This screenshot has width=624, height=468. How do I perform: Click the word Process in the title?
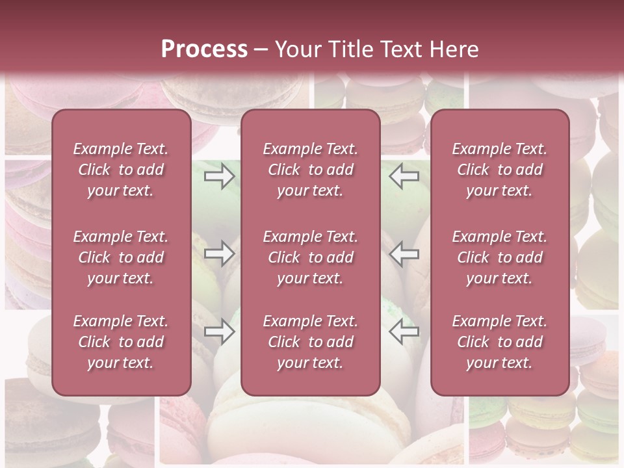pyautogui.click(x=203, y=49)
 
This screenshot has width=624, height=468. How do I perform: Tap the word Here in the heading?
pyautogui.click(x=454, y=49)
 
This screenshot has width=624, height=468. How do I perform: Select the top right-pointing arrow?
pyautogui.click(x=220, y=176)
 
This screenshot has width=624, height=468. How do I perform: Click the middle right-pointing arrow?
pyautogui.click(x=220, y=253)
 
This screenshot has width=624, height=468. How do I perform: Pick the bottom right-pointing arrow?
pyautogui.click(x=220, y=331)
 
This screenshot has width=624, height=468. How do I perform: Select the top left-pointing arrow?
pyautogui.click(x=404, y=176)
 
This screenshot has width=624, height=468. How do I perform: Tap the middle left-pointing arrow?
pyautogui.click(x=404, y=253)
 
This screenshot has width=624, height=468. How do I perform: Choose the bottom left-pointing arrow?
pyautogui.click(x=404, y=331)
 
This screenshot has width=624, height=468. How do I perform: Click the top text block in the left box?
pyautogui.click(x=121, y=170)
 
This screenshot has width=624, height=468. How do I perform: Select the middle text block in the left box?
pyautogui.click(x=121, y=257)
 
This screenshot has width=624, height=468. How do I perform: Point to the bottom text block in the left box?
pyautogui.click(x=121, y=342)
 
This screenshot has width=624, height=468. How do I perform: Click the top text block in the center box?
pyautogui.click(x=310, y=170)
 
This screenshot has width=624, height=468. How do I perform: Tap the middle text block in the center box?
pyautogui.click(x=310, y=257)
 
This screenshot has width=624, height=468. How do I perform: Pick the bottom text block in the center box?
pyautogui.click(x=310, y=342)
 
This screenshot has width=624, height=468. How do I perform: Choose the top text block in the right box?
pyautogui.click(x=499, y=170)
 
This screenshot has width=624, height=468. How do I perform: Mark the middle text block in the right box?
pyautogui.click(x=499, y=257)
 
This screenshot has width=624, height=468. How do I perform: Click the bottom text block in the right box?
pyautogui.click(x=499, y=342)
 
